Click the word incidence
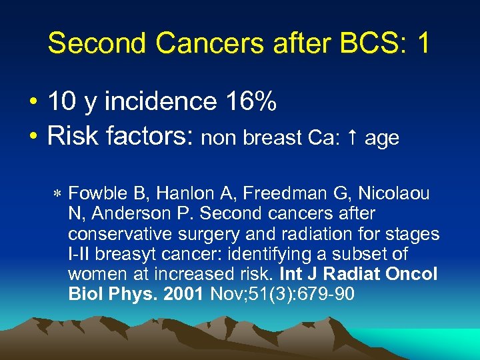(161, 102)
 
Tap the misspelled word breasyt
(129, 255)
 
